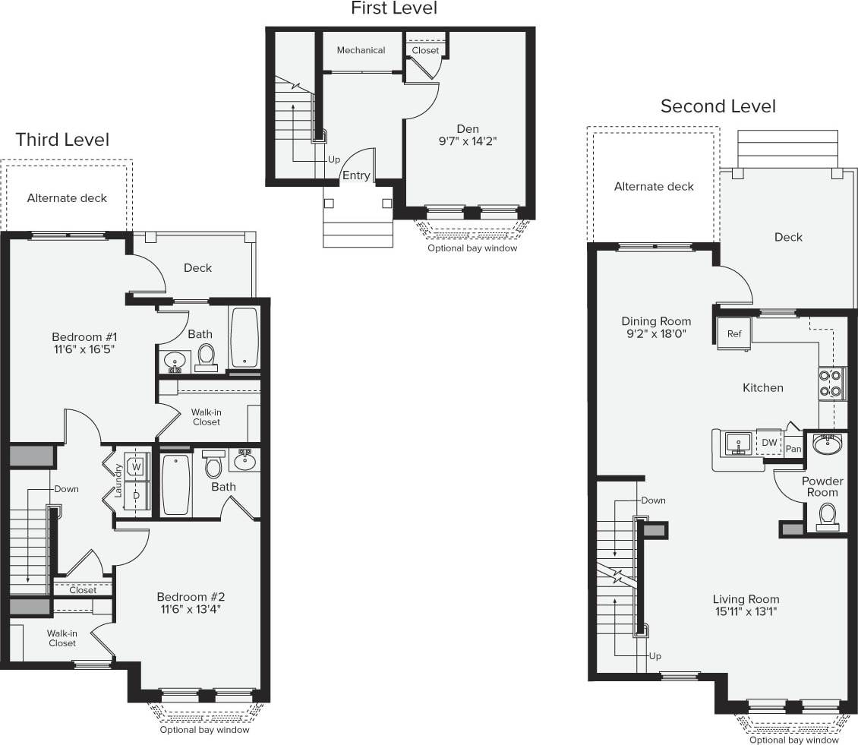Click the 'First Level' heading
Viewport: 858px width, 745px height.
pos(393,9)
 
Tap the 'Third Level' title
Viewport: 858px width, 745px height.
pos(62,140)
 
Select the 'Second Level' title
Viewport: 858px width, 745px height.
pos(718,106)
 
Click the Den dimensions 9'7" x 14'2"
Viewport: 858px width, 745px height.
pos(467,141)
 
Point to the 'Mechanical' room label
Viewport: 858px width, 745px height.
pos(361,50)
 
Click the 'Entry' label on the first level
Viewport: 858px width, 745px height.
pos(356,175)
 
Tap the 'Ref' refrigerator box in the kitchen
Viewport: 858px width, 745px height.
pos(734,333)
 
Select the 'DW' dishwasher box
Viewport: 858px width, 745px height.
pos(769,443)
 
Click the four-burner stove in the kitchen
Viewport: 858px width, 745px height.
pos(831,384)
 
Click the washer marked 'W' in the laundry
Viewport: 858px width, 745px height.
pos(137,465)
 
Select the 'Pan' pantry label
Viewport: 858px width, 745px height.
pos(793,449)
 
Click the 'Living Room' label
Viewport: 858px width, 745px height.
pos(746,599)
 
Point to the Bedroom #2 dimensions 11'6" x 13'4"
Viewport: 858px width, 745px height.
pos(191,609)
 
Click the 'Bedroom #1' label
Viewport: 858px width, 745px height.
pos(84,336)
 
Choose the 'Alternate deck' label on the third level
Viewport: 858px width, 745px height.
pos(67,198)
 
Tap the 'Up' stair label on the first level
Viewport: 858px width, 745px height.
pos(334,160)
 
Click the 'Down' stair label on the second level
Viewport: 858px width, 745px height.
pos(653,500)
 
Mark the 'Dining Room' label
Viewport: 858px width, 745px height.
pos(656,321)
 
